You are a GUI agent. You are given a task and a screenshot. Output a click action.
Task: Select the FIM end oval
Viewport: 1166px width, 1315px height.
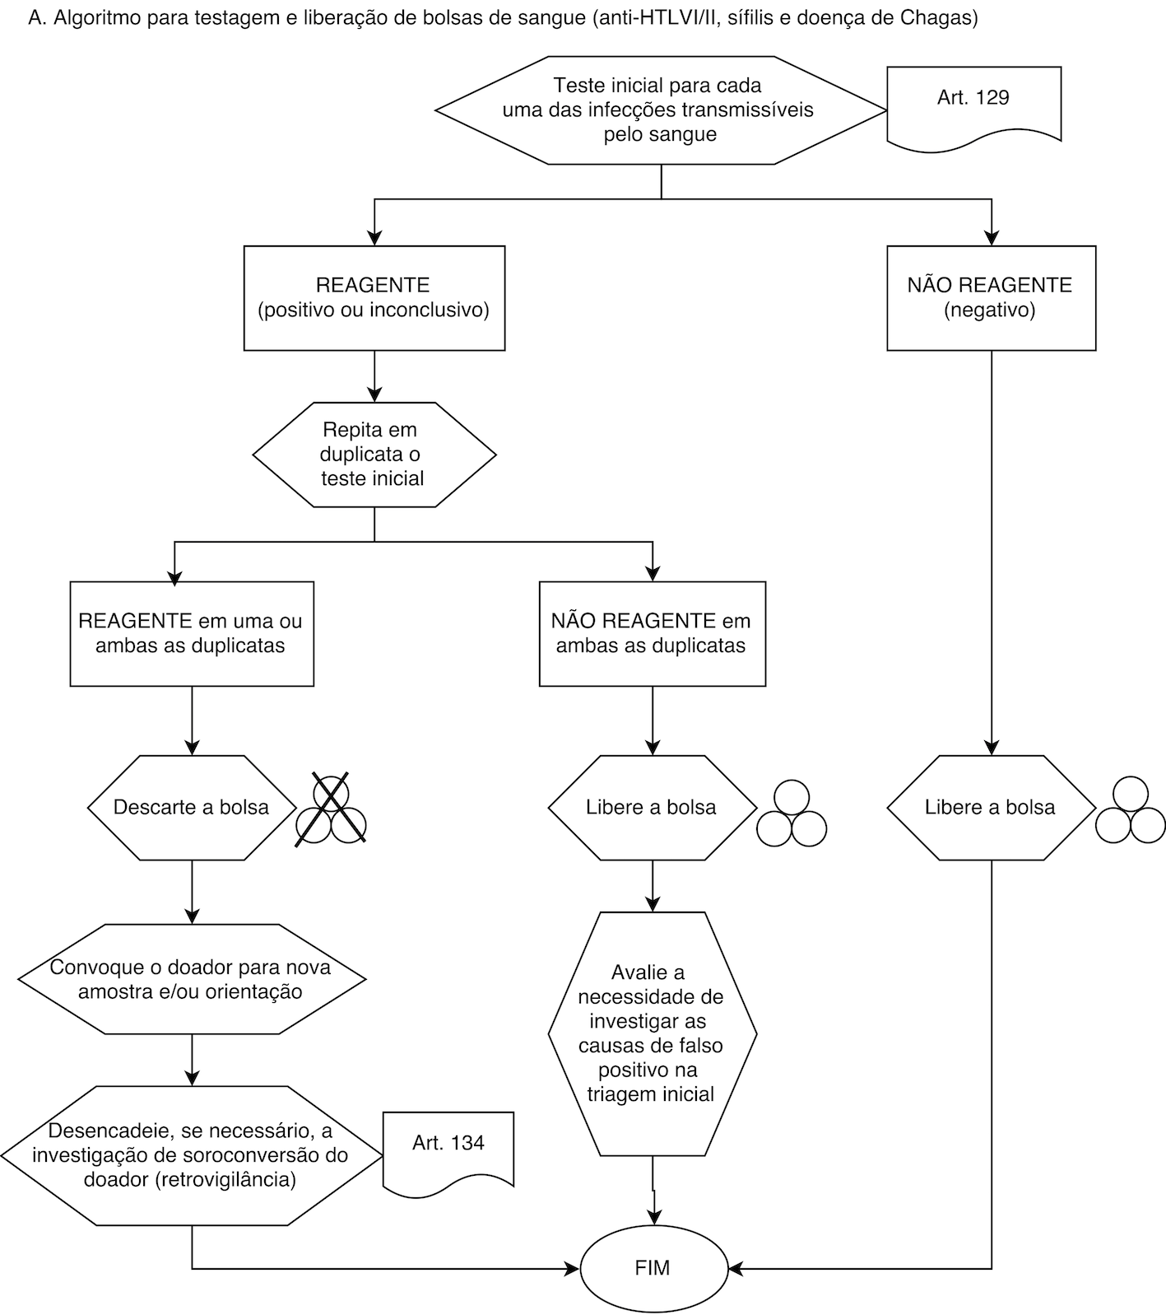[x=654, y=1267]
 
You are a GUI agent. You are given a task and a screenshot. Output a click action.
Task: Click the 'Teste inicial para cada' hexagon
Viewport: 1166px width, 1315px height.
[x=661, y=110]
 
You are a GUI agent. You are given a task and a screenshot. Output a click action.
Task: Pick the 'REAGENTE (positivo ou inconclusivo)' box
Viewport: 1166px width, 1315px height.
[x=374, y=298]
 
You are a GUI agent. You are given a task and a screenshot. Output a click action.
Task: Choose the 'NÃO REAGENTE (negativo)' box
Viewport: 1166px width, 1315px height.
[x=991, y=298]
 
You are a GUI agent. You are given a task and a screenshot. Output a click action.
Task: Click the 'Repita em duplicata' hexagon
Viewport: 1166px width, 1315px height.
[x=374, y=455]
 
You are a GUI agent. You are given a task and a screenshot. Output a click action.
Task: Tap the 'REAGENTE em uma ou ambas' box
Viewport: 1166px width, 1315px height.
[x=192, y=634]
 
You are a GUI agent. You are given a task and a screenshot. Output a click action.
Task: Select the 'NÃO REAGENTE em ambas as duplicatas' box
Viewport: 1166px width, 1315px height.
[x=653, y=634]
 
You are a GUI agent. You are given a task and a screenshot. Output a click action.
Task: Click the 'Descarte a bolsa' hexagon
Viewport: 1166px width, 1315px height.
[x=192, y=808]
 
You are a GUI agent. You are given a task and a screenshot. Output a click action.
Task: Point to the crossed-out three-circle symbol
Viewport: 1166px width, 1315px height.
[x=331, y=809]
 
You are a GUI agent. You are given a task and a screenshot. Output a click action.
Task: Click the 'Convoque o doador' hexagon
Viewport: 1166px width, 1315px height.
[x=192, y=979]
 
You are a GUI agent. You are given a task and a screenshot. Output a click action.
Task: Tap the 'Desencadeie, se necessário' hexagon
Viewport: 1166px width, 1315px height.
[x=192, y=1155]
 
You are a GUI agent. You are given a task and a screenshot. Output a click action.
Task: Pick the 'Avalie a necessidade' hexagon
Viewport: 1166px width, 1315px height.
[x=653, y=1034]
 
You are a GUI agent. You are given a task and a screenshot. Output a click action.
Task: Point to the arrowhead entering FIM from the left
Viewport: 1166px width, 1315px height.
[x=573, y=1268]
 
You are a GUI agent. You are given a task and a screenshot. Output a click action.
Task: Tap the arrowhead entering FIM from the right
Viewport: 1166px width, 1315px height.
[x=737, y=1268]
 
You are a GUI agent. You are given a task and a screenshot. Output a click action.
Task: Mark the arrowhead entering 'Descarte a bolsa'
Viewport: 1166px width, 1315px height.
[x=192, y=747]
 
